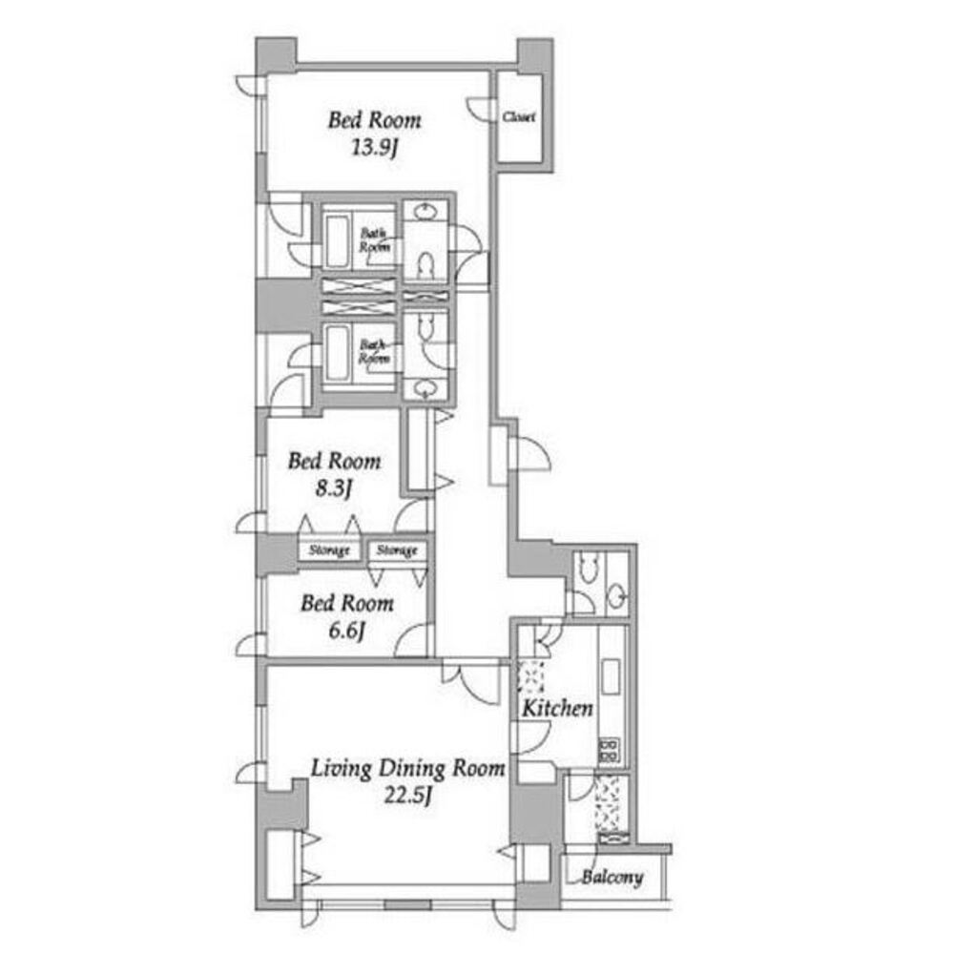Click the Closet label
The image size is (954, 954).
pyautogui.click(x=519, y=117)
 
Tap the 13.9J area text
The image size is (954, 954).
pyautogui.click(x=374, y=150)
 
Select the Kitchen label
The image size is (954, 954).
pyautogui.click(x=557, y=709)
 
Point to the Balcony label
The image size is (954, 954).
pyautogui.click(x=612, y=877)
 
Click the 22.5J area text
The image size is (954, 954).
pyautogui.click(x=409, y=797)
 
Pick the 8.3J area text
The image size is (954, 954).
pyautogui.click(x=334, y=489)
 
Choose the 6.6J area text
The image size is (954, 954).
pyautogui.click(x=346, y=631)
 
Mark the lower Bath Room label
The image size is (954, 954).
pyautogui.click(x=373, y=351)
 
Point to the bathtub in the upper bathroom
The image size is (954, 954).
pyautogui.click(x=338, y=241)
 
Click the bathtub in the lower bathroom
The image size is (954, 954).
pyautogui.click(x=338, y=353)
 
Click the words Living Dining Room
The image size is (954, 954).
pyautogui.click(x=408, y=769)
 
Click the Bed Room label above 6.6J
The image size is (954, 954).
pyautogui.click(x=347, y=604)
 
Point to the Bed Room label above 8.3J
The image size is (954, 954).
pyautogui.click(x=334, y=462)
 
